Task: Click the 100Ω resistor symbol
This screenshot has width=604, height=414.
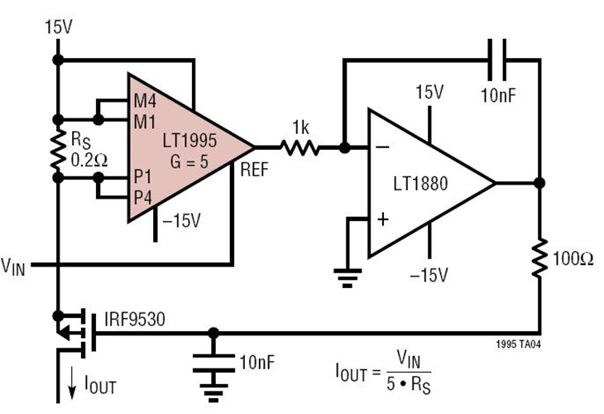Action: (539, 258)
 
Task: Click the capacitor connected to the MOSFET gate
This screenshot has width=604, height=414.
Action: (213, 361)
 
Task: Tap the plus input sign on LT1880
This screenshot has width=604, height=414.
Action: (382, 220)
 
